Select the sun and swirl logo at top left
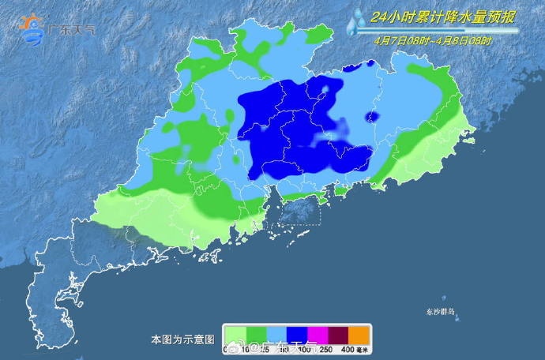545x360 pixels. coord(32,28)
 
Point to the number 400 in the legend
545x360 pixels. coord(347,349)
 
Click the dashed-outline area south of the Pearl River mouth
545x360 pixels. coord(300,210)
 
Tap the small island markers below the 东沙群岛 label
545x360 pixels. coord(449,313)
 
